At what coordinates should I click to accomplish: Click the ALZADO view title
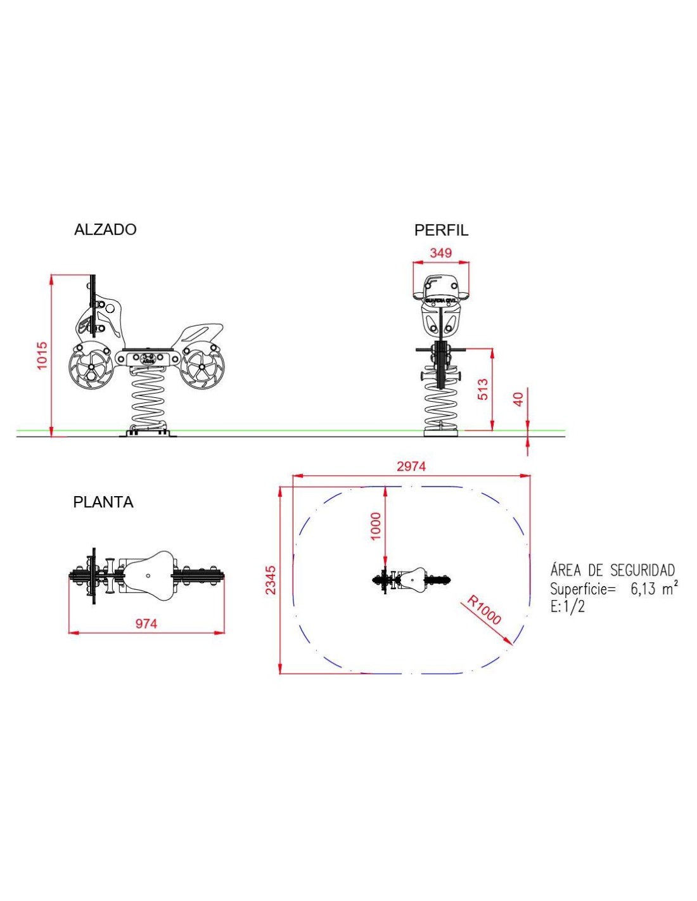pos(105,229)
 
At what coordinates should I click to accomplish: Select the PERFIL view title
pos(441,230)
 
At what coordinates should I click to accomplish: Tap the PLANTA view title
pos(103,502)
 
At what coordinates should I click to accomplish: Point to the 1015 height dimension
pos(42,355)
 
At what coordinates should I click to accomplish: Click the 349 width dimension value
pos(441,253)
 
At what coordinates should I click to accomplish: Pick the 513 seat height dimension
pos(483,389)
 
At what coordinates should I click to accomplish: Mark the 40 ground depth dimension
pos(519,399)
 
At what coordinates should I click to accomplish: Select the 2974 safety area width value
pos(411,466)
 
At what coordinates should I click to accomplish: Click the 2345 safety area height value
pos(271,580)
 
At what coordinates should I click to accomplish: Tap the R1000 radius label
pos(484,610)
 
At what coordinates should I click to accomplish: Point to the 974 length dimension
pos(146,623)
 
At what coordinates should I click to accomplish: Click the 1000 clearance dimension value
pos(376,526)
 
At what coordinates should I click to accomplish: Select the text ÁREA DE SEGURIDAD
pos(612,570)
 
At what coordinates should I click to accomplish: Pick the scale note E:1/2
pos(567,606)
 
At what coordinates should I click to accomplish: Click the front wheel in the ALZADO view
pos(91,368)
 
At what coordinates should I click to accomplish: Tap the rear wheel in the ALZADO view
pos(201,367)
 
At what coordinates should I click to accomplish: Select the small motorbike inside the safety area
pos(411,579)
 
